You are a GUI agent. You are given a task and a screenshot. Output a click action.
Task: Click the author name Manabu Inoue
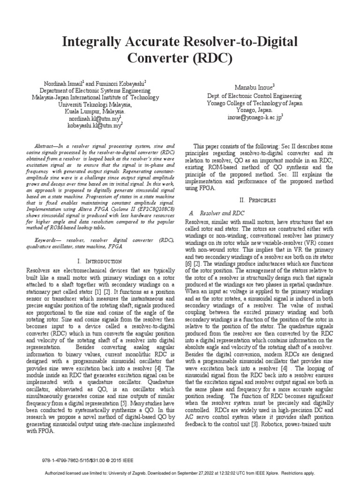pyautogui.click(x=255, y=86)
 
